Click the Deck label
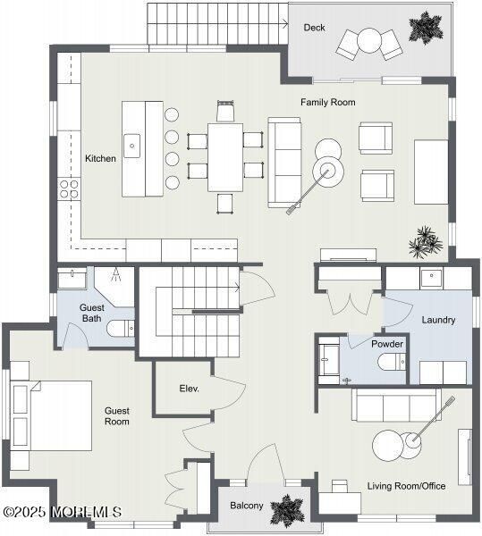314,28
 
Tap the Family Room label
327,103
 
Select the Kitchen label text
100,159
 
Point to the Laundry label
438,320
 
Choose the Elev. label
189,389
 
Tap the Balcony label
247,506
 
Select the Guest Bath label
91,312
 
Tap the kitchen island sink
132,144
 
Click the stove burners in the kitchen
68,188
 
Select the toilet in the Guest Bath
120,329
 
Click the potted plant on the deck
426,27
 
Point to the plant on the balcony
287,510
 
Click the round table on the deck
368,40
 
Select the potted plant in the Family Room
426,241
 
